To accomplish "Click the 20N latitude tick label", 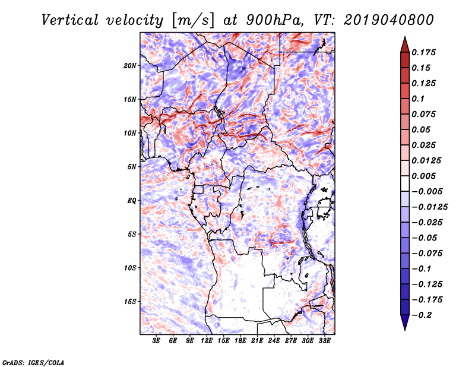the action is [x=130, y=66].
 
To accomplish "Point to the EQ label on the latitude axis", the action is [x=131, y=201].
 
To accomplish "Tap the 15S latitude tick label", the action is [x=130, y=302].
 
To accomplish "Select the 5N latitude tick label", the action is [x=132, y=167].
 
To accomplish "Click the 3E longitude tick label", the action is [x=156, y=341].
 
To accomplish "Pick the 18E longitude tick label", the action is [x=240, y=341].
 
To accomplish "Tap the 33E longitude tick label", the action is [x=324, y=341].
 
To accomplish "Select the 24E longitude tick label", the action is [x=274, y=341].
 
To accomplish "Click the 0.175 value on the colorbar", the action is [x=423, y=52].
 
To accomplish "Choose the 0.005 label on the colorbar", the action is [x=423, y=176].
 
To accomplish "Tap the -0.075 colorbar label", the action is [x=427, y=254].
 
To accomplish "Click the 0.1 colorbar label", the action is [x=418, y=99].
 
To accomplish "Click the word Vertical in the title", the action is [x=70, y=20].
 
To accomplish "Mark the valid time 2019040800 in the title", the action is [x=389, y=20].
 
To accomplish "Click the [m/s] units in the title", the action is [x=193, y=21].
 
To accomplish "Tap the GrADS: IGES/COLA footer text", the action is [x=33, y=362].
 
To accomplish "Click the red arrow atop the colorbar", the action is [x=405, y=45].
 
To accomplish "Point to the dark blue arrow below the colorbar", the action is [x=405, y=322].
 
